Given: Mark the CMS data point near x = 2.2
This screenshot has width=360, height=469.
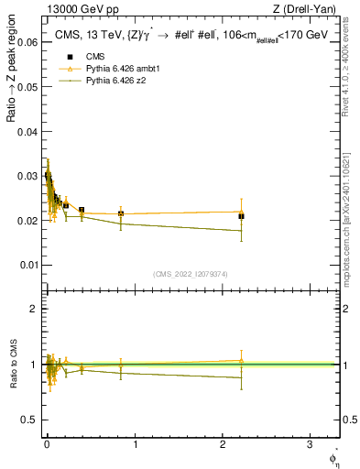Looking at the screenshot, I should (241, 216).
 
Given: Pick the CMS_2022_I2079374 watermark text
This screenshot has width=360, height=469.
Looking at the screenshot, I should (191, 273).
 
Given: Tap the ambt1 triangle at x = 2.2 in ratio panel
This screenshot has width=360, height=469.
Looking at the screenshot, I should (241, 360).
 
